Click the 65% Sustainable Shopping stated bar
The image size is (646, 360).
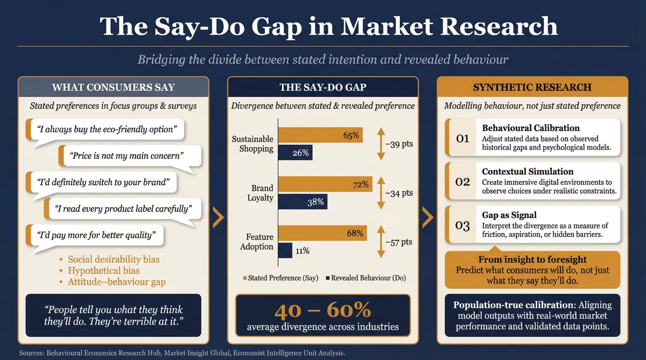320,136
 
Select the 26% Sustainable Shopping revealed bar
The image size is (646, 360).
296,153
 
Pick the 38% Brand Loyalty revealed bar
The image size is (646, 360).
303,202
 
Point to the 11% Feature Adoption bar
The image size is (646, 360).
285,250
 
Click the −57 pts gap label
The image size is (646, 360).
398,242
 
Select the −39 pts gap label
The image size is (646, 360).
398,144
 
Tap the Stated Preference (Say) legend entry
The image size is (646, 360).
280,278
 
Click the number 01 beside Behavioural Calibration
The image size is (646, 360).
462,139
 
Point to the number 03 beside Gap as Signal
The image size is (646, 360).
462,225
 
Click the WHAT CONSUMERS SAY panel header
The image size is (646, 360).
113,87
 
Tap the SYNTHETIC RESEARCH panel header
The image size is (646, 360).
532,87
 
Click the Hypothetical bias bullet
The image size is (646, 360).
103,270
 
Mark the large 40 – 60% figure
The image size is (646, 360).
322,310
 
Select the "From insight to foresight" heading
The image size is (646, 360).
532,259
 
